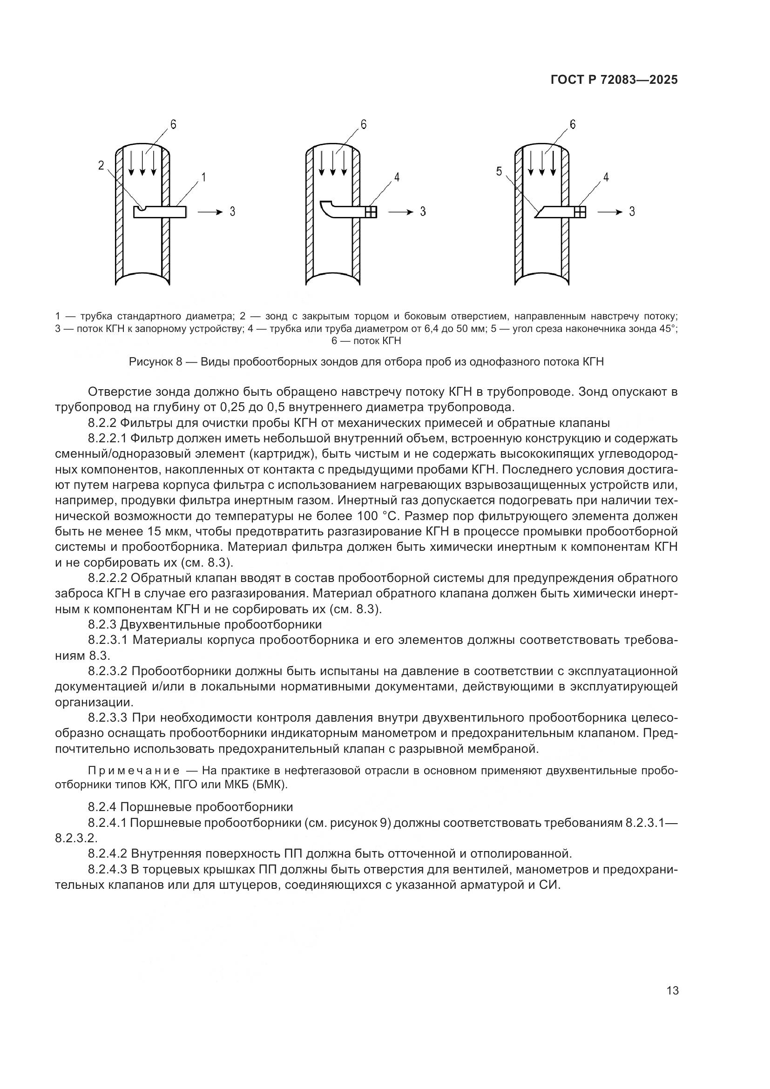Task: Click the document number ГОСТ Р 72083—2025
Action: pos(614,80)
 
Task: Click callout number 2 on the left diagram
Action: pos(101,166)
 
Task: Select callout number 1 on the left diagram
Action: pos(203,177)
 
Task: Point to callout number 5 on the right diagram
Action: pos(499,172)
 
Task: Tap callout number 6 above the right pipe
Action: pos(572,124)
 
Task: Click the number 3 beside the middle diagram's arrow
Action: pos(423,211)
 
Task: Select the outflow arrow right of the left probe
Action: pos(209,211)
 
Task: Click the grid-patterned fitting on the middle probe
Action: pos(371,211)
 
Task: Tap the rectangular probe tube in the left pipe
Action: pos(160,212)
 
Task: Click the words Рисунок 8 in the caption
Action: pos(155,362)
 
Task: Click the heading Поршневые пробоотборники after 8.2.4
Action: pos(208,807)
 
